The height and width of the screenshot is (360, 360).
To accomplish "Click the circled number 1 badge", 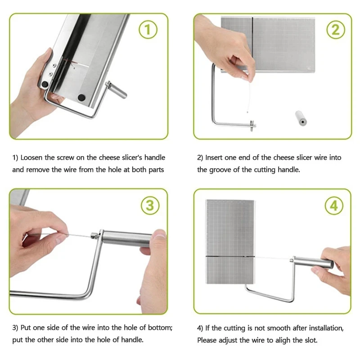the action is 148,30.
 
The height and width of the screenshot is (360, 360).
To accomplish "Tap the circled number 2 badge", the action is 335,30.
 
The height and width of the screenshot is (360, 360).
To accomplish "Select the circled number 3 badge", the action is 150,205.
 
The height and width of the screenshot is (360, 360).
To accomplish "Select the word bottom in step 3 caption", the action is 160,328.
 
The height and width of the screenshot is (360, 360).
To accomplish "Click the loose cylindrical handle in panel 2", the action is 301,118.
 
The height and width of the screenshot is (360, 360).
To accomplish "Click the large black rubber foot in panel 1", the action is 81,98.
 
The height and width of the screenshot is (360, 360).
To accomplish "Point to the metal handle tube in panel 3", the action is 127,239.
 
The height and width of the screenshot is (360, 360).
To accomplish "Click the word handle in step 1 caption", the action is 155,157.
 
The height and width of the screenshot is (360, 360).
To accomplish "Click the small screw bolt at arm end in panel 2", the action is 252,125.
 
